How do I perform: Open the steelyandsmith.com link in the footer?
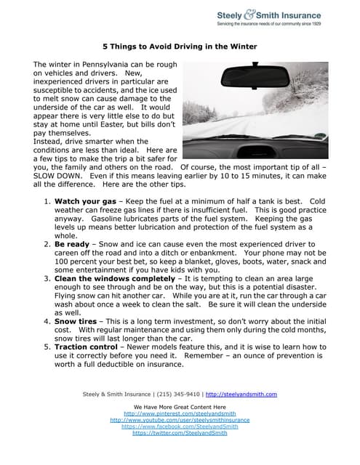[241, 395]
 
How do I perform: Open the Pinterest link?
[180, 413]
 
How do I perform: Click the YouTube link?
[180, 420]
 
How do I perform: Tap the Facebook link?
[180, 426]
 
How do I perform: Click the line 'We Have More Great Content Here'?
[180, 407]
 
